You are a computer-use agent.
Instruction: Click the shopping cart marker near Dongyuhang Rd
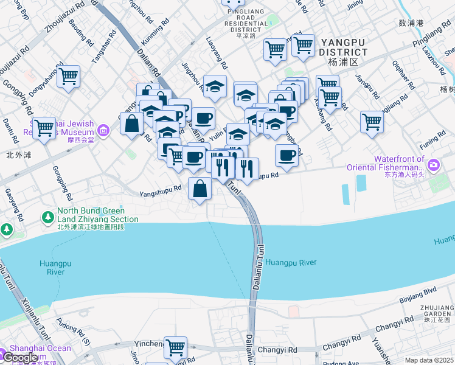coord(68,77)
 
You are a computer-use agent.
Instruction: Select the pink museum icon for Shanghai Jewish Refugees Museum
coord(103,130)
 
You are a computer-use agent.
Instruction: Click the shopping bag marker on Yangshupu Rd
coord(200,189)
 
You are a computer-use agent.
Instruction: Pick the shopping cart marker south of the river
coord(175,347)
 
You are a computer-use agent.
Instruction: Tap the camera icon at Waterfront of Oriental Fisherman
coord(433,164)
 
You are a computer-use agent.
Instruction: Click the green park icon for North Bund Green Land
coord(47,217)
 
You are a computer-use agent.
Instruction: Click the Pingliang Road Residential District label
coord(246,23)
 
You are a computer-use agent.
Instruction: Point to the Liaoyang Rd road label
coord(217,52)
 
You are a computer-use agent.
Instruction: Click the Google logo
coord(21,358)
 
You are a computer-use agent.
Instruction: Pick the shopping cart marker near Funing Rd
coord(371,122)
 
